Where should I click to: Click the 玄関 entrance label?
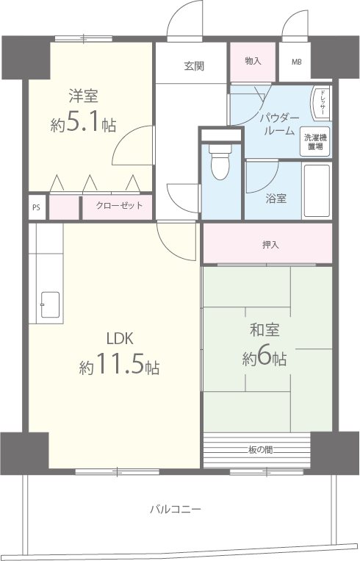[194, 66]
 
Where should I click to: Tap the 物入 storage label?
[253, 61]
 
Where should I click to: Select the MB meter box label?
[296, 62]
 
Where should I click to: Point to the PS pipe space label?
[36, 207]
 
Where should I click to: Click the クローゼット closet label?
[120, 206]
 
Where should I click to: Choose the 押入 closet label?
[270, 245]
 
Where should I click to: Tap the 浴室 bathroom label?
[276, 199]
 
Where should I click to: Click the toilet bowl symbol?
[220, 162]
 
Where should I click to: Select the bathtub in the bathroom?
[317, 190]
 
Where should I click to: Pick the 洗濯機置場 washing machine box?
[315, 142]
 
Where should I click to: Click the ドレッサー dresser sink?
[321, 103]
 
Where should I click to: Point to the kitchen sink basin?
[50, 304]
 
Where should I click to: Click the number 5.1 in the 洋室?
[83, 123]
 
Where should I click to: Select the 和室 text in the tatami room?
[264, 330]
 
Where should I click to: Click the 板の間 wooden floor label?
[260, 450]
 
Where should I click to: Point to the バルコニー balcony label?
[176, 509]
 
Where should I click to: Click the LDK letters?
[120, 338]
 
